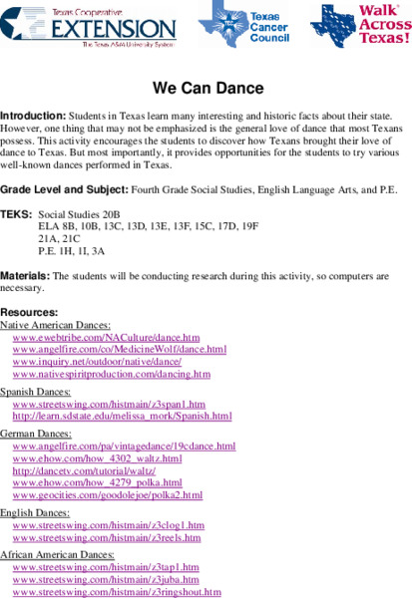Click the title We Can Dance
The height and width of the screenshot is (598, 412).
pos(206,88)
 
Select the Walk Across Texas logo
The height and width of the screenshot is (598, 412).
pos(360,26)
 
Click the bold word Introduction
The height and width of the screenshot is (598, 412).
pos(30,117)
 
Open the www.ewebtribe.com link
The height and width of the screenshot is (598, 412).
pos(107,338)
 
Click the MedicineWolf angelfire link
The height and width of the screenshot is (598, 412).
pos(120,350)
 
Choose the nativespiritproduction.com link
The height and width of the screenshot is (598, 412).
pos(112,374)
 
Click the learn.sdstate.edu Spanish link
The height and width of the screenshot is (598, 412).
pos(122,416)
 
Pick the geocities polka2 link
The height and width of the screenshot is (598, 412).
pos(108,494)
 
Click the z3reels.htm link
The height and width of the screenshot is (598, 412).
pos(109,536)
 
